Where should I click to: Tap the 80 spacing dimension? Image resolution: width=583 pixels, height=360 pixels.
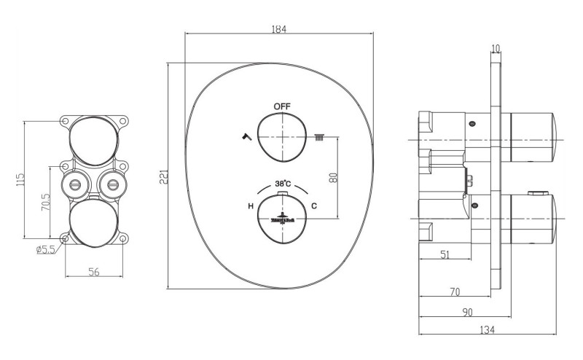(x=333, y=176)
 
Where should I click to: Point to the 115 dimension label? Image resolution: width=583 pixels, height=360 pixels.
(x=20, y=179)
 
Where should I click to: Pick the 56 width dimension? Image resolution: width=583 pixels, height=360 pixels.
(x=94, y=272)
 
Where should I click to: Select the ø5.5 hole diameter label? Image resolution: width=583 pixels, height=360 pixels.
(x=45, y=250)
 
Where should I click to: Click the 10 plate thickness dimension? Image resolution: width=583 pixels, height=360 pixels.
(x=496, y=49)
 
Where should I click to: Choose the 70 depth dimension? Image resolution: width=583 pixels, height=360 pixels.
(x=454, y=292)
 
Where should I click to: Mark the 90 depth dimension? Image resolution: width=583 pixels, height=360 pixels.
(x=467, y=312)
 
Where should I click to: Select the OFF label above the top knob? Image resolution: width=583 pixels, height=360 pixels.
(x=282, y=106)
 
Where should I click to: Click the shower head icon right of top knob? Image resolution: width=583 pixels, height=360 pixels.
(x=318, y=136)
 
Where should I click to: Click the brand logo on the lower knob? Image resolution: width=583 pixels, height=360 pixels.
(x=282, y=216)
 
